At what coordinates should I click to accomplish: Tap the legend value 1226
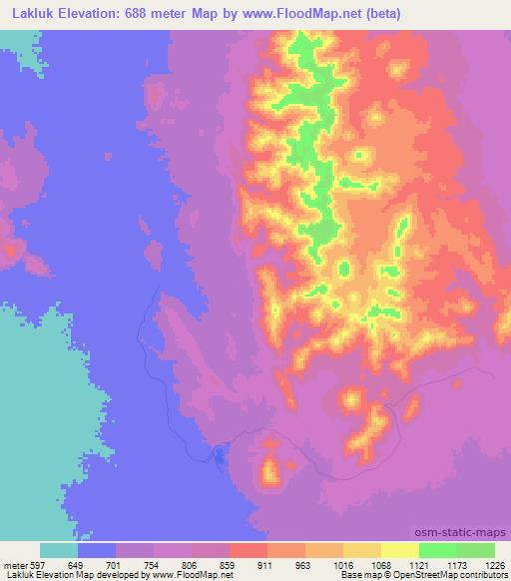tap(496, 565)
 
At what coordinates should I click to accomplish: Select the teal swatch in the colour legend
tap(59, 550)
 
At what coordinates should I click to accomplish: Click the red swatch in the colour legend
tap(249, 550)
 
